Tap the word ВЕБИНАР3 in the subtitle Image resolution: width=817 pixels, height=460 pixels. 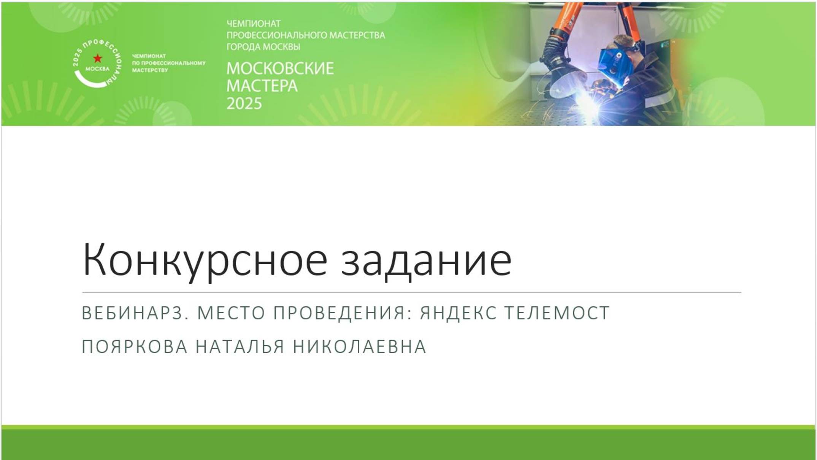point(135,313)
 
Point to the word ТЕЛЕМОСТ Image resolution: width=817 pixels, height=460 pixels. point(557,313)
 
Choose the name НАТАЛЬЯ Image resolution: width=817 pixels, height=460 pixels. point(240,347)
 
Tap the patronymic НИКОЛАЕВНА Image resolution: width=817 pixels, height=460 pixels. point(360,347)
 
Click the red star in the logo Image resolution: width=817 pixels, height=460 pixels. point(98,58)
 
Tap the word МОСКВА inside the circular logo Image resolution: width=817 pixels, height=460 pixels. point(97,69)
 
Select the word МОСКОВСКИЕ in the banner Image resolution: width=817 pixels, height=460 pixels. point(280,68)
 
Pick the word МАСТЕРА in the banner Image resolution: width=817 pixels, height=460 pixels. point(262,86)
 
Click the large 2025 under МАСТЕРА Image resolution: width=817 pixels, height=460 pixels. point(244,103)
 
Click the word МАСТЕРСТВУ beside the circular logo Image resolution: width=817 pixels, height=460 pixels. point(150,70)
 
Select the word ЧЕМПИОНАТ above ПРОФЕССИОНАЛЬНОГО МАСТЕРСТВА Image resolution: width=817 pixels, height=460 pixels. point(254,24)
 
